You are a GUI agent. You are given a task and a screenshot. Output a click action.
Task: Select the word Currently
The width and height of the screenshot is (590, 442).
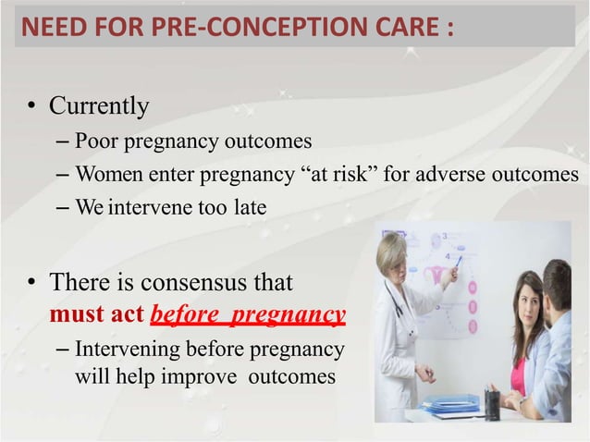98,106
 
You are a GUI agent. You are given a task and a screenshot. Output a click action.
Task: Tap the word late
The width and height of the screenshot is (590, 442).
250,208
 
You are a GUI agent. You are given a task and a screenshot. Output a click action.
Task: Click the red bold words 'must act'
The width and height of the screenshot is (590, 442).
96,314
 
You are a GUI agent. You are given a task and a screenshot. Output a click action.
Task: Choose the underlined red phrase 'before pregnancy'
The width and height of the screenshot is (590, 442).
248,315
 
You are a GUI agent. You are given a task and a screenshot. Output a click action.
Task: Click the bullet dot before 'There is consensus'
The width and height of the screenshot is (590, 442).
31,282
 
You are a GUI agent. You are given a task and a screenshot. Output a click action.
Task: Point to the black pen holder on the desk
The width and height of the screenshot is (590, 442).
492,403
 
